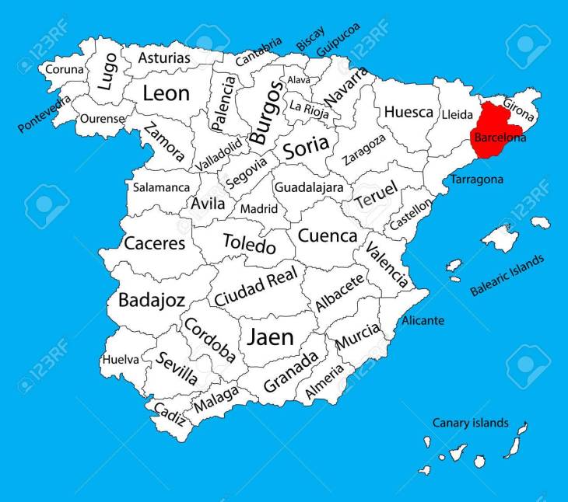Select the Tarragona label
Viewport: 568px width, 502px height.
pyautogui.click(x=476, y=180)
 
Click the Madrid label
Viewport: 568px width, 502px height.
pyautogui.click(x=258, y=208)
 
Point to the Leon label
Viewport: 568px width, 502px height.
pyautogui.click(x=166, y=93)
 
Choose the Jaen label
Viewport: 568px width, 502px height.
pyautogui.click(x=270, y=337)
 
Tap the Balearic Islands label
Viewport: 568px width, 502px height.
pyautogui.click(x=507, y=277)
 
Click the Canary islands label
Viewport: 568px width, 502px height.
pyautogui.click(x=471, y=423)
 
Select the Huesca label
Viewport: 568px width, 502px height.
pyautogui.click(x=408, y=112)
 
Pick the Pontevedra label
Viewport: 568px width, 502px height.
pyautogui.click(x=44, y=113)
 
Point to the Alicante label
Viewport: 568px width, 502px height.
pyautogui.click(x=423, y=320)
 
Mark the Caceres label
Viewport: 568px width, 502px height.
pyautogui.click(x=156, y=243)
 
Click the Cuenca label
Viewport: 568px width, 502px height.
pyautogui.click(x=328, y=235)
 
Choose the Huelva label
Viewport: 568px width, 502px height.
pyautogui.click(x=121, y=360)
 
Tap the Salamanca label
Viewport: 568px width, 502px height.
pyautogui.click(x=161, y=187)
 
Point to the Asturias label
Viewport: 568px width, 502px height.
pyautogui.click(x=164, y=58)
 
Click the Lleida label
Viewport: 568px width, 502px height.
pyautogui.click(x=457, y=114)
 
